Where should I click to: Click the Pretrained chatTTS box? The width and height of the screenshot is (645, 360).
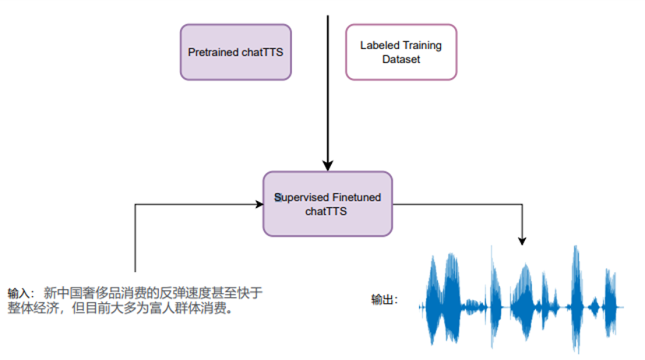click(235, 51)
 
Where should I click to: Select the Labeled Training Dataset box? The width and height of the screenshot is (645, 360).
click(400, 51)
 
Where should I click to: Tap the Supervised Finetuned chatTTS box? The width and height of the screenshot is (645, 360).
click(327, 204)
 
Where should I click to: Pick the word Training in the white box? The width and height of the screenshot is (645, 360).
click(421, 45)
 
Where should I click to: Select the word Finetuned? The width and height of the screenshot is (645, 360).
click(356, 197)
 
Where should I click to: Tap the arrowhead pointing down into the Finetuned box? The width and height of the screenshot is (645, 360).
click(328, 165)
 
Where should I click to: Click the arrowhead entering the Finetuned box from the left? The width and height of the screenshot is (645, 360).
click(259, 205)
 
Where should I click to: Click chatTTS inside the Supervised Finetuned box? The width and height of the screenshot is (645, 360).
click(327, 211)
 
